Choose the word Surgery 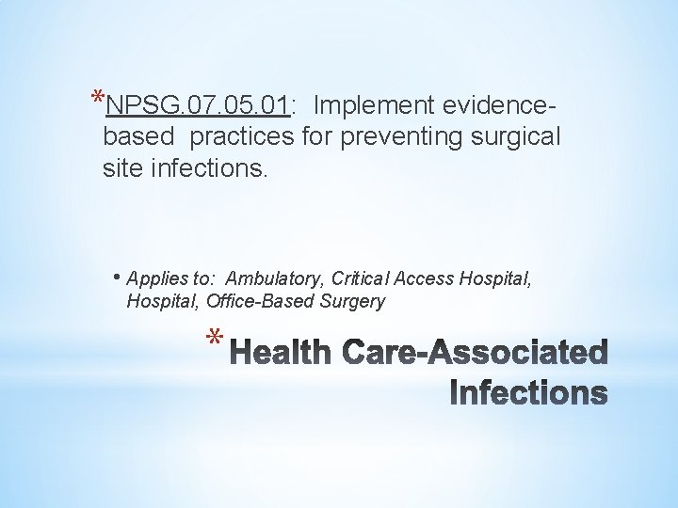(352, 302)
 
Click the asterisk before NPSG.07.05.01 (98, 97)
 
